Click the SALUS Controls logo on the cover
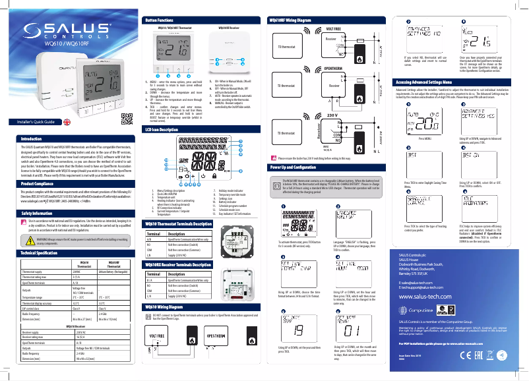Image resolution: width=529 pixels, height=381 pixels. [65, 32]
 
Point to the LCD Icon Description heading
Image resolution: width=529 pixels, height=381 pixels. [166, 131]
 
